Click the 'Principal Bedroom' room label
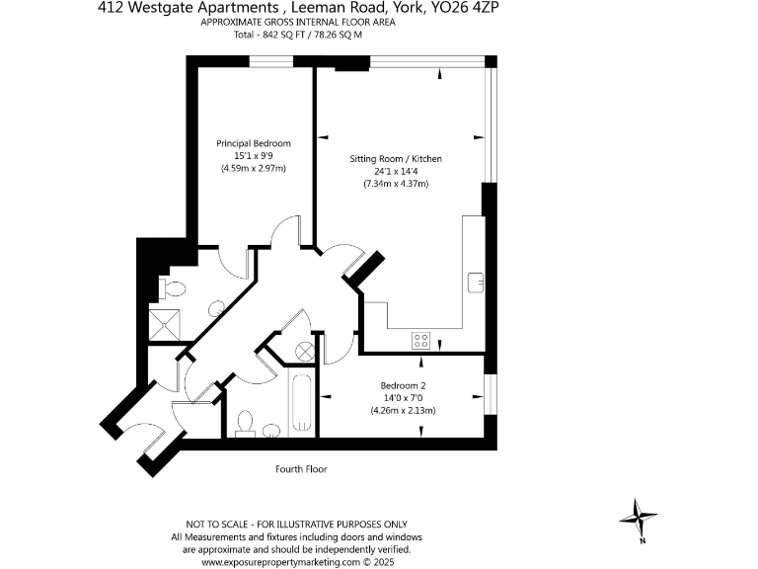254,143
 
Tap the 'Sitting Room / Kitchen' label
396,158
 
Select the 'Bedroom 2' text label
403,385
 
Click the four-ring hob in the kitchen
420,341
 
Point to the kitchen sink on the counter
474,280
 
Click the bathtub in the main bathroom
301,405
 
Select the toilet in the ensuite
172,290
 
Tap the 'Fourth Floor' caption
301,469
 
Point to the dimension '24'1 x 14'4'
395,171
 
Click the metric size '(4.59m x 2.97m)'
254,169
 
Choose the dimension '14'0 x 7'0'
403,398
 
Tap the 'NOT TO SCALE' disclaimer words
218,524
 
